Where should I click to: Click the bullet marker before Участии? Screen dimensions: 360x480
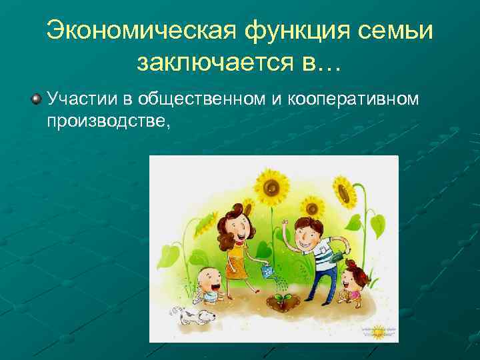tap(35, 99)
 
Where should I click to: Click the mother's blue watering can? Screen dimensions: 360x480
tap(267, 271)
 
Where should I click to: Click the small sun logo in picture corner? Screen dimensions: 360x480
tap(377, 331)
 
